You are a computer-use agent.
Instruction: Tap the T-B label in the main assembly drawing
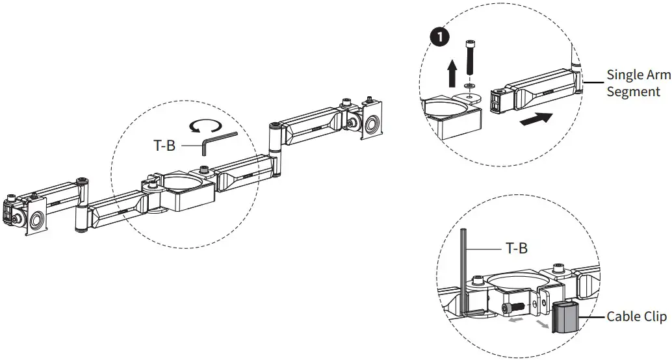(x=164, y=146)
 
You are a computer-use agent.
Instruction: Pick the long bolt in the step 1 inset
(x=470, y=59)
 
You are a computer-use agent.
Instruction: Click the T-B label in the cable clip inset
(x=517, y=248)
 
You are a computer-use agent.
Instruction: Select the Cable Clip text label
(x=636, y=316)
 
